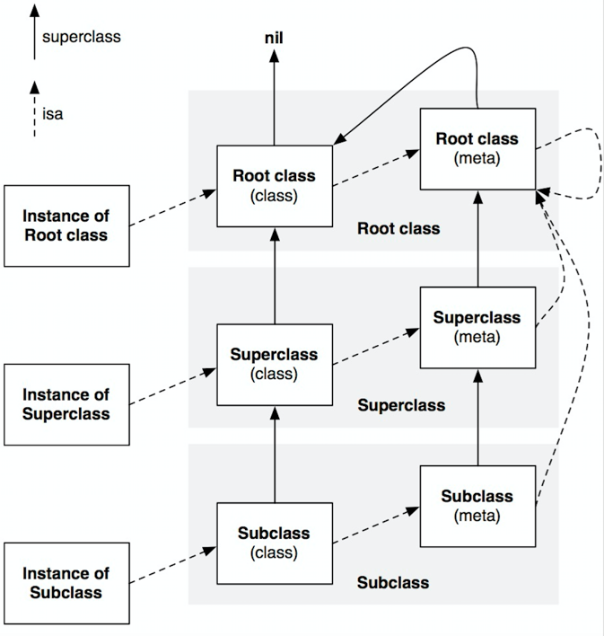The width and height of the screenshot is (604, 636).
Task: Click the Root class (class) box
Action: pos(275,186)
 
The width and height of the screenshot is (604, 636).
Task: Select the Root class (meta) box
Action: pos(477,149)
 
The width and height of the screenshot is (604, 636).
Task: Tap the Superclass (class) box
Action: pos(275,364)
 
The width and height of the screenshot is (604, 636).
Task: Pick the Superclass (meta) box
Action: pos(477,327)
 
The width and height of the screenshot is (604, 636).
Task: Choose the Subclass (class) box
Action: pos(275,542)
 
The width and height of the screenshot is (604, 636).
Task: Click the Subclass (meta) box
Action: pos(477,506)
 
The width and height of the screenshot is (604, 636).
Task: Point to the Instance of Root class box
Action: pos(66,225)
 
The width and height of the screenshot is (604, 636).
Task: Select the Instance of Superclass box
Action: pos(66,404)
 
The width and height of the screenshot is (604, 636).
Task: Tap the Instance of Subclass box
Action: pos(66,583)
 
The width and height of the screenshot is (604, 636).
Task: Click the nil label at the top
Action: pos(275,39)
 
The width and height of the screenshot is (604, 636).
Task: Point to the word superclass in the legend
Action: pos(81,38)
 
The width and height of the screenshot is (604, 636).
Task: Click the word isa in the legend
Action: pos(53,115)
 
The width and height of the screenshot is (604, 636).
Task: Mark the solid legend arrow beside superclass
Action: pos(34,36)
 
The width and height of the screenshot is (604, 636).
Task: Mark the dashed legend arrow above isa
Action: pos(34,108)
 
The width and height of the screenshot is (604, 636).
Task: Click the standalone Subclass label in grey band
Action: pos(393,582)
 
